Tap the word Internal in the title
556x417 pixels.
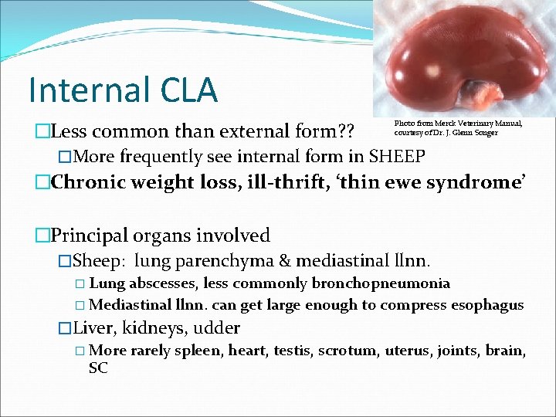pos(84,90)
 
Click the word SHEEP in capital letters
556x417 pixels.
pos(395,157)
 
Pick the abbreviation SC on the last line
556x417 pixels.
pos(99,369)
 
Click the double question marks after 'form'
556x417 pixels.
pos(341,132)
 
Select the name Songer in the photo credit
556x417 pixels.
pos(486,133)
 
